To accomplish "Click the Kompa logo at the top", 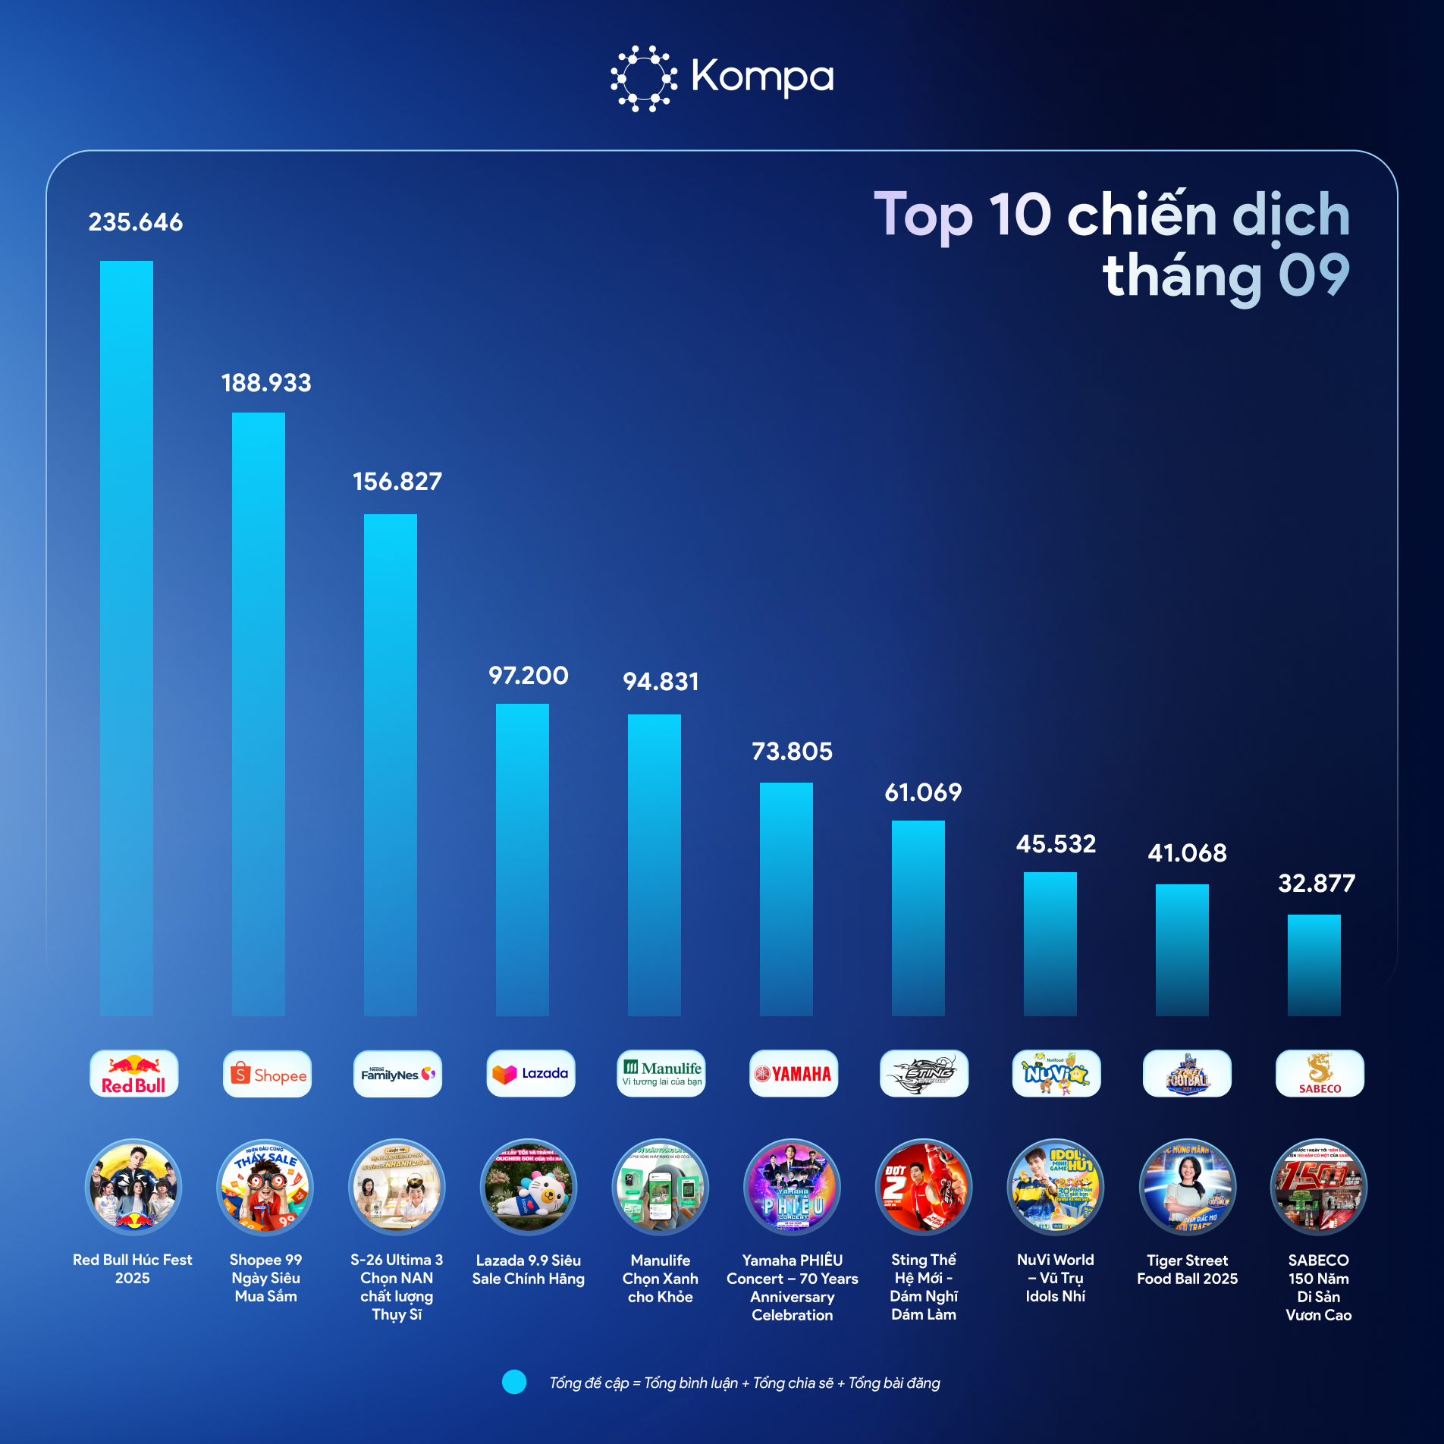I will point(722,77).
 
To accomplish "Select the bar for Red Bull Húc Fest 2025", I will point(127,637).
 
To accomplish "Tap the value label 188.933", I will point(266,383).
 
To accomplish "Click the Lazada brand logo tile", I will point(531,1073).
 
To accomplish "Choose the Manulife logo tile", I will point(661,1073).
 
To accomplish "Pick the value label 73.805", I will point(792,752).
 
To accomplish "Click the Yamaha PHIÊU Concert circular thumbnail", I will point(793,1187).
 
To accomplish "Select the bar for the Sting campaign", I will point(918,918).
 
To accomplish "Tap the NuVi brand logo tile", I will point(1056,1073).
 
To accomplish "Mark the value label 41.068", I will point(1187,853).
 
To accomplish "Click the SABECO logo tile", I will point(1320,1073).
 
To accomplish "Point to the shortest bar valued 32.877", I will point(1314,965).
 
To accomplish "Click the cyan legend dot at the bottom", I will point(514,1382).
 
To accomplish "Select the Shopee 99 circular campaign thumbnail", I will point(265,1187).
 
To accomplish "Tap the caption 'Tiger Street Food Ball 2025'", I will point(1187,1269).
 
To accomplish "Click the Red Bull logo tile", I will point(133,1073).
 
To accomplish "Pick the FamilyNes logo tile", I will point(397,1073).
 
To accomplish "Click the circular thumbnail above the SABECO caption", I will point(1319,1187).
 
